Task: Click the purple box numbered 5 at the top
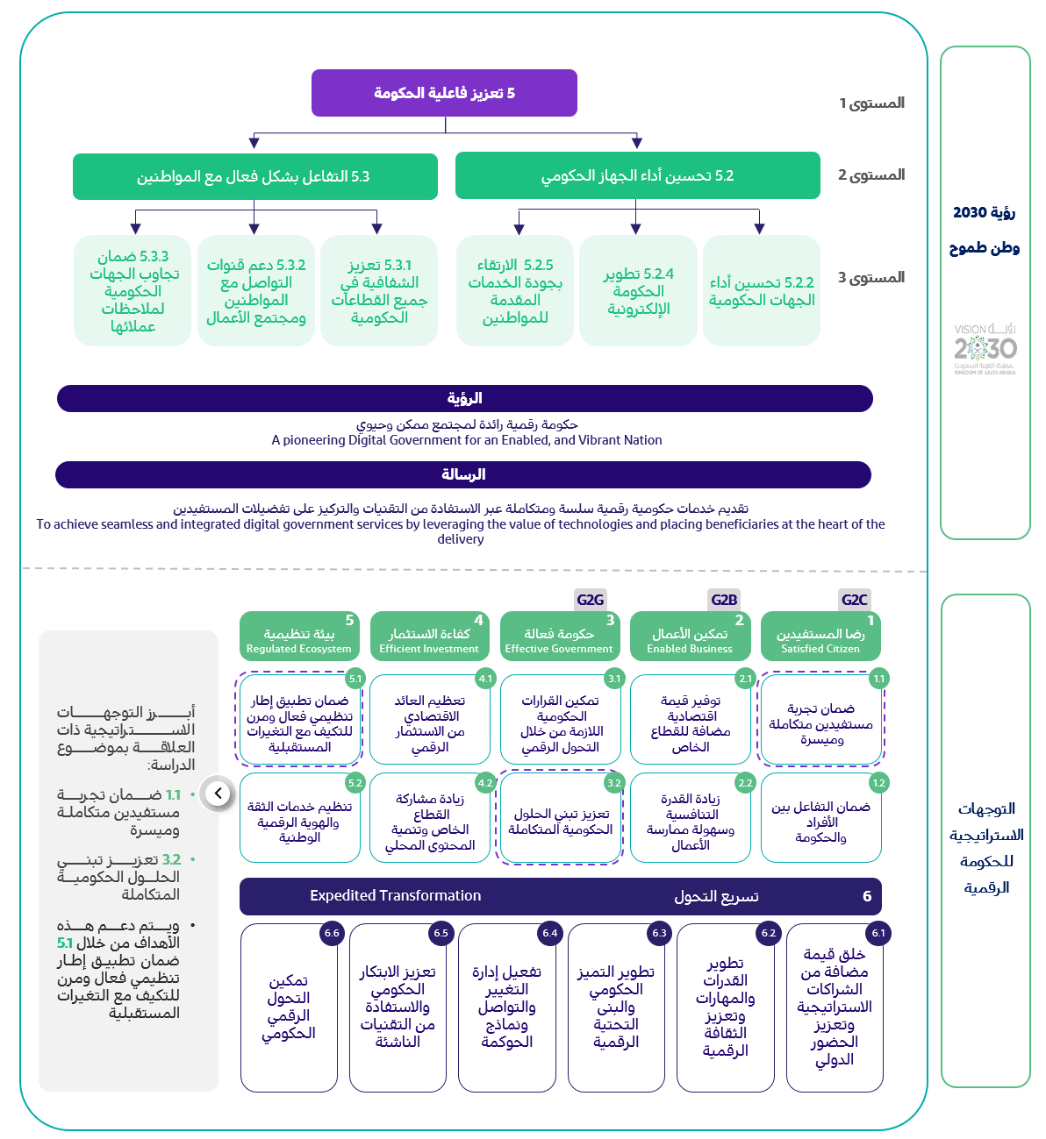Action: [444, 93]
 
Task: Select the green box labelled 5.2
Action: [637, 175]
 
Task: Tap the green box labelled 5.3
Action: [254, 176]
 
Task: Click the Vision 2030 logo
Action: [985, 349]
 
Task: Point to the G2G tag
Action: [590, 600]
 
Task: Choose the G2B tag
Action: [724, 600]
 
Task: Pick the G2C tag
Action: [854, 600]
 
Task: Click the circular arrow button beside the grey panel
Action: [218, 794]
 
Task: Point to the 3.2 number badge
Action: [614, 783]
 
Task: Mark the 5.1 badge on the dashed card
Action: [355, 679]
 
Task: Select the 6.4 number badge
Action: [550, 933]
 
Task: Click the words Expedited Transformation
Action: [395, 895]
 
